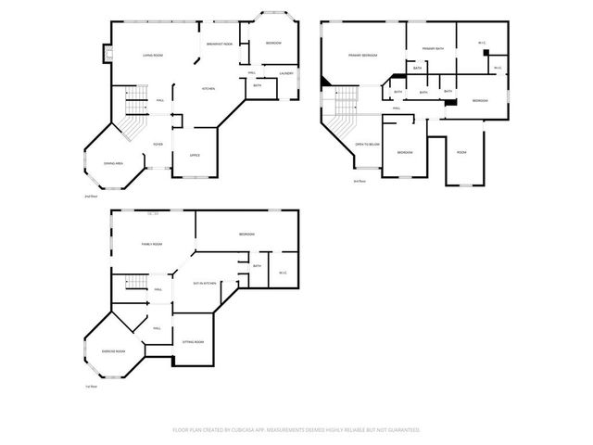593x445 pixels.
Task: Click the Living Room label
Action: [153, 57]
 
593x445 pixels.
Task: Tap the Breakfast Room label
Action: [220, 44]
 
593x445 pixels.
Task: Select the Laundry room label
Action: [286, 73]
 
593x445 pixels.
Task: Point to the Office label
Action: [195, 155]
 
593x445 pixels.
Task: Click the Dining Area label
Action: [115, 162]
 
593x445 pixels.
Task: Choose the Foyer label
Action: [158, 144]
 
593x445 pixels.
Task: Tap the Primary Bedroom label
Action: [362, 56]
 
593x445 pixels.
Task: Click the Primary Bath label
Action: [434, 47]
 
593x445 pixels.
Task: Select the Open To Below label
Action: [368, 144]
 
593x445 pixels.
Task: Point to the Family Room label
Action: [152, 244]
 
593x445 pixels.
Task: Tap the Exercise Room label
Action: [113, 351]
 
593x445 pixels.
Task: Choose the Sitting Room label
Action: [193, 341]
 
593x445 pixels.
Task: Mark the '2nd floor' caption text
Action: [90, 197]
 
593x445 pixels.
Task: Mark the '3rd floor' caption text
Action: [360, 180]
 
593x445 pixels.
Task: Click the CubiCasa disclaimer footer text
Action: [296, 430]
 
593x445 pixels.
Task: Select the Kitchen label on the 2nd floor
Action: [209, 88]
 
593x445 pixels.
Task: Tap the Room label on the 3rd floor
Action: [461, 151]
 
